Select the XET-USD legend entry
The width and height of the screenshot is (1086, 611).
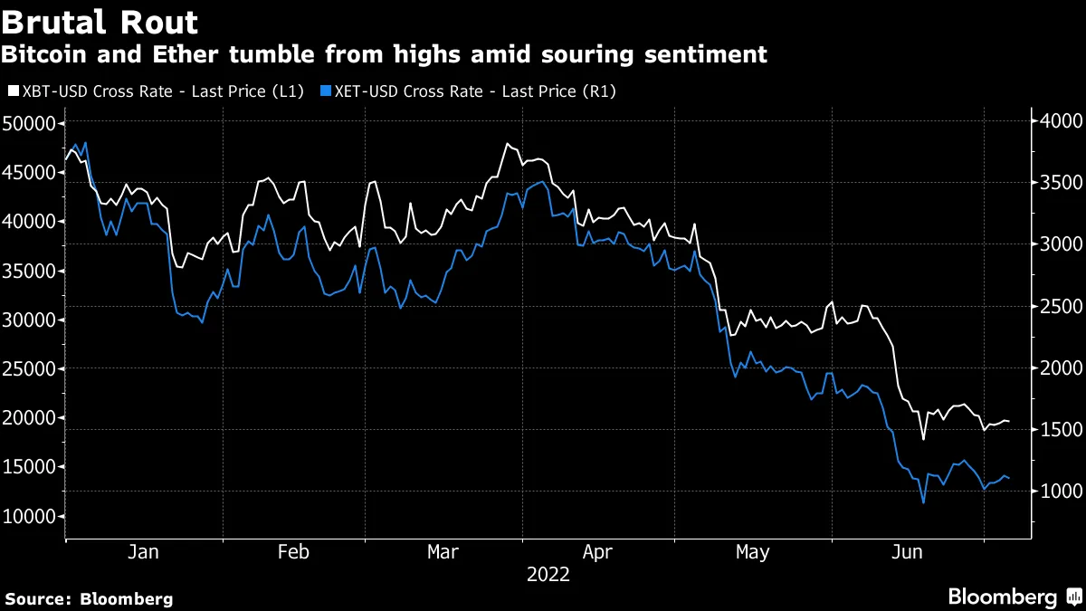click(x=470, y=91)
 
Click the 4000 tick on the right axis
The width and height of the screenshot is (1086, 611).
click(x=1053, y=121)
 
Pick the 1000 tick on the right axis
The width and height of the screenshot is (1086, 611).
click(x=1053, y=491)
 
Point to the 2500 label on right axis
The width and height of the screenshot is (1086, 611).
click(x=1053, y=306)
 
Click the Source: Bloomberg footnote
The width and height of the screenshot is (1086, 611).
click(x=89, y=598)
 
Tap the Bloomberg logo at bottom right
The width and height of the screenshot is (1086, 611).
click(x=1014, y=597)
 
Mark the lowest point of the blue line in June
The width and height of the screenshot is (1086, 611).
click(x=923, y=502)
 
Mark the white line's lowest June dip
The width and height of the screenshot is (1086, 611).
click(x=923, y=439)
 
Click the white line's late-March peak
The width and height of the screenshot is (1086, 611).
click(x=508, y=144)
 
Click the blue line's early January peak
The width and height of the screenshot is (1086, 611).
click(x=84, y=143)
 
